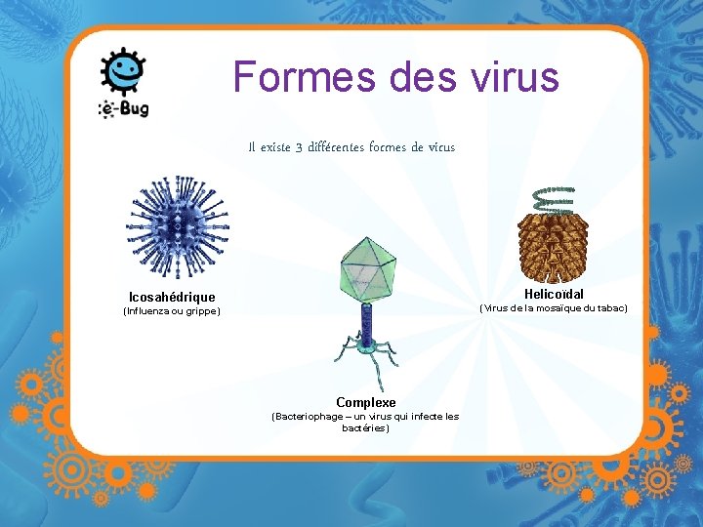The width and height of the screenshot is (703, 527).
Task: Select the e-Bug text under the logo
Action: coord(124,108)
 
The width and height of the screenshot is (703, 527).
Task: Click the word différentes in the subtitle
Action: coord(337,147)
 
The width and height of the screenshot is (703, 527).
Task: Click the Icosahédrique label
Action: coord(172,297)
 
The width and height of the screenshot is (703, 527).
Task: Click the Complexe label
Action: coord(366,402)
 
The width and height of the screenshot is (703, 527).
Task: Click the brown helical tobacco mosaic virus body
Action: coord(553,244)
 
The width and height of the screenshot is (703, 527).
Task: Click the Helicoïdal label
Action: coord(554,294)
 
